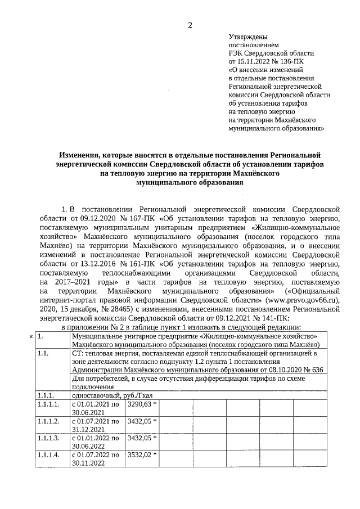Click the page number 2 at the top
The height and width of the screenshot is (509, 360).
190,24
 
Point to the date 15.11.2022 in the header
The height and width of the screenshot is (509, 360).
256,61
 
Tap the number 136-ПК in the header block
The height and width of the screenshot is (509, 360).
296,61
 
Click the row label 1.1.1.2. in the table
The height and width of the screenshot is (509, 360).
48,421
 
